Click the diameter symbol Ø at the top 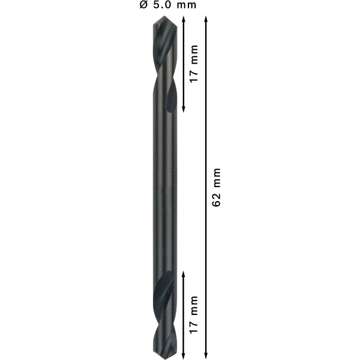tap(143, 5)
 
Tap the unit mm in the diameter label tap(187, 5)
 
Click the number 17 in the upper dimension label tap(194, 76)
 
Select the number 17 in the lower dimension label tap(194, 327)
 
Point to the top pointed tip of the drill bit tap(164, 16)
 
